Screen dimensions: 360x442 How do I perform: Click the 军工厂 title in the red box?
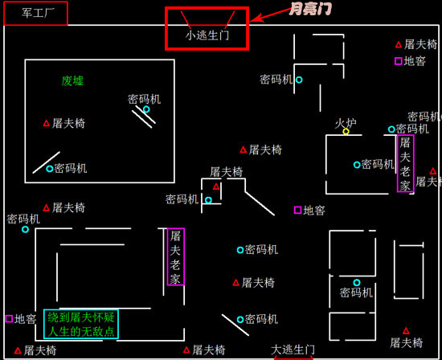[x=35, y=13]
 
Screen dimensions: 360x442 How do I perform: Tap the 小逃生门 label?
[x=207, y=35]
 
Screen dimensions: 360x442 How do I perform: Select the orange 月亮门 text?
[x=309, y=10]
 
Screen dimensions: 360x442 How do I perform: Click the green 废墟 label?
[x=72, y=80]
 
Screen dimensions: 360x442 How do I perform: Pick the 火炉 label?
[x=346, y=123]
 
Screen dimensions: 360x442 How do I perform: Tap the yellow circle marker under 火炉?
[x=346, y=132]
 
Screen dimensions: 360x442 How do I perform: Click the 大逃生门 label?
[x=293, y=350]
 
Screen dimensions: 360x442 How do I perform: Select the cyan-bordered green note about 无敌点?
[x=80, y=324]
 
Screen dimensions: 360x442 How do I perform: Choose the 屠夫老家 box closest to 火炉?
[x=405, y=163]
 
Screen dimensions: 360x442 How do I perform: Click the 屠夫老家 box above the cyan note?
[x=175, y=257]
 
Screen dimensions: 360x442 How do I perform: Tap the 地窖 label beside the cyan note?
[x=25, y=319]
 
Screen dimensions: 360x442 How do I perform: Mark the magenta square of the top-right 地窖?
[x=399, y=61]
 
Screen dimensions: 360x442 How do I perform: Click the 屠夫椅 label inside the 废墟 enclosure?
[x=68, y=124]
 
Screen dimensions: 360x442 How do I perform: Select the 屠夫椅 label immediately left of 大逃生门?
[x=208, y=350]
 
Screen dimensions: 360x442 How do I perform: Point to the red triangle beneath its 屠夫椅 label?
[x=216, y=186]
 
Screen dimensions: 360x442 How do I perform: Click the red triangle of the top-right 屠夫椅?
[x=399, y=44]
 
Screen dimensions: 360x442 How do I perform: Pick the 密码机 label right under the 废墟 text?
[x=144, y=99]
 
